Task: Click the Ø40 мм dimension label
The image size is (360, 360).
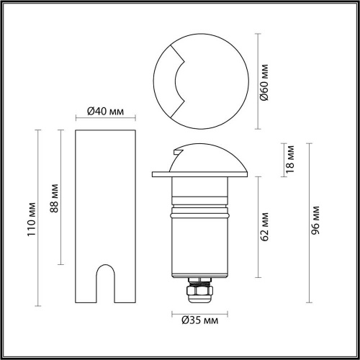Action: (105, 112)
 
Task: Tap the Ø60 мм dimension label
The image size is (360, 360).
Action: (264, 82)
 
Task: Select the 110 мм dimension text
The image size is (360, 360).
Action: (32, 220)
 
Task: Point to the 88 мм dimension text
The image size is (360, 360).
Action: (55, 198)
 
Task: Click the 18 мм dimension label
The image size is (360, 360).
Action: (290, 159)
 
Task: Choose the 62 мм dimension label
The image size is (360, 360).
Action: (265, 227)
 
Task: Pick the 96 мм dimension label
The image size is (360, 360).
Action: (315, 220)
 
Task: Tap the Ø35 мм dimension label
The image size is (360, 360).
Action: (200, 320)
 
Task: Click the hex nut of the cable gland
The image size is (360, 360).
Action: (200, 291)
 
